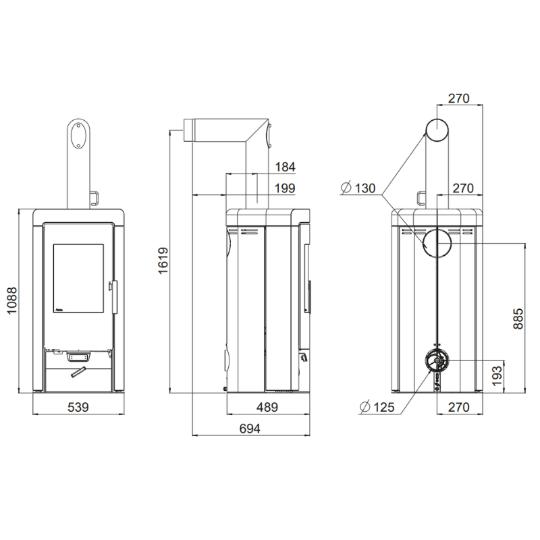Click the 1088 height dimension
pos(12,300)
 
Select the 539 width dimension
pos(78,407)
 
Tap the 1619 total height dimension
pos(163,261)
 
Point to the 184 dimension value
pos(285,167)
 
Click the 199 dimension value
pos(285,188)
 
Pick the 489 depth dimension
pos(267,407)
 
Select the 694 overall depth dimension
pos(250,429)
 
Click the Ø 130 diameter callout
pos(358,188)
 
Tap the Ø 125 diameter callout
pos(377,407)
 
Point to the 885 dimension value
pos(518,319)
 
